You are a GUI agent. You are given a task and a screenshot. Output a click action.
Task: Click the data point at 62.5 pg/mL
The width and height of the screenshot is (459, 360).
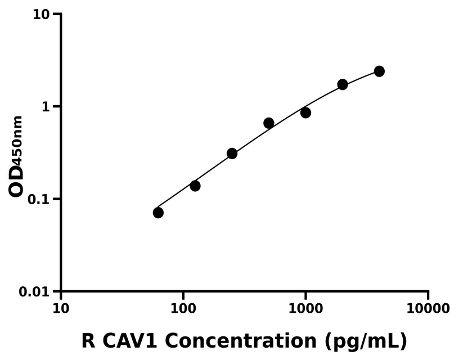[x=158, y=213]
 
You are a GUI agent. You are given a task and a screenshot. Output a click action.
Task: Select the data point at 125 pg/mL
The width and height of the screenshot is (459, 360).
[x=195, y=186]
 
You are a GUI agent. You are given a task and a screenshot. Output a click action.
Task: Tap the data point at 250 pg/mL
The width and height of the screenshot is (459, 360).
[x=232, y=154]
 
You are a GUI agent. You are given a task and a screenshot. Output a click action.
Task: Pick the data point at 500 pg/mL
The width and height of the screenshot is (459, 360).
[x=269, y=123]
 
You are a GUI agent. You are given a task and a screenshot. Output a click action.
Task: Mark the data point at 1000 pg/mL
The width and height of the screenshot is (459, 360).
[x=305, y=112]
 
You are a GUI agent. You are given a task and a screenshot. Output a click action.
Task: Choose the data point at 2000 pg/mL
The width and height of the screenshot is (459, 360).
[x=343, y=84]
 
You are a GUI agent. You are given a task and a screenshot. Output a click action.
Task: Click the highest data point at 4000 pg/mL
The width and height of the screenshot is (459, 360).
[x=379, y=71]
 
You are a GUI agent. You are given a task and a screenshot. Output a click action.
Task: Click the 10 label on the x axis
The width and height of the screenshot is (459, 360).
[x=61, y=309]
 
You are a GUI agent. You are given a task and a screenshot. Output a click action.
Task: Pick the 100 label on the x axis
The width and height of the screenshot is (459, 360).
[x=183, y=309]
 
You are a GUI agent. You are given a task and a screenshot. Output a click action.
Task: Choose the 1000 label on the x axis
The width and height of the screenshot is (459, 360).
[x=305, y=309]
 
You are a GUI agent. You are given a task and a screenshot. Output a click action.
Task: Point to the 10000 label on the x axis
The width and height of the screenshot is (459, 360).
[x=428, y=309]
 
